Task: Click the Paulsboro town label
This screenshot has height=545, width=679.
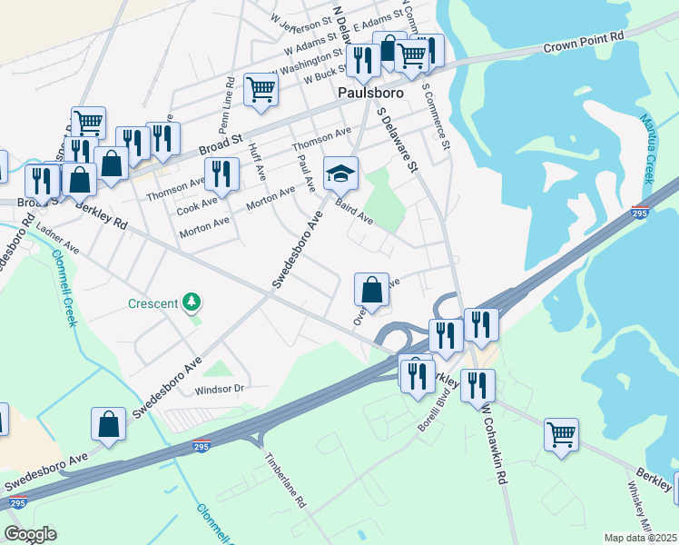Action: click(365, 93)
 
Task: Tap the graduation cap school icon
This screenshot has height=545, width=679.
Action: click(341, 173)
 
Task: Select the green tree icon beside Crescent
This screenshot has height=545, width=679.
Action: click(191, 301)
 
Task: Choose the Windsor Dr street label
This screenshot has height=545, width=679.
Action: click(221, 390)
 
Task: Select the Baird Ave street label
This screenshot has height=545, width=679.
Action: click(354, 214)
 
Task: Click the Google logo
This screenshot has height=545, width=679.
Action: click(30, 534)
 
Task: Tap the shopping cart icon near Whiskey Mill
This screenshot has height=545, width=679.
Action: click(561, 434)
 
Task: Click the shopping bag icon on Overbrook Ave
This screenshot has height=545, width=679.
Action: click(371, 290)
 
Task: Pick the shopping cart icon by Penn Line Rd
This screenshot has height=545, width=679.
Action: click(261, 89)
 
